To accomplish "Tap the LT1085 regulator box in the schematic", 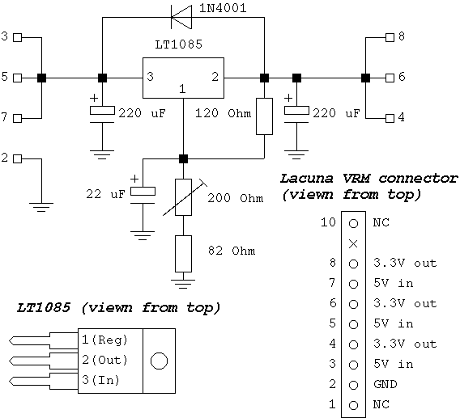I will [x=183, y=79].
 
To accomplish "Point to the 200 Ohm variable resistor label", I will [x=236, y=198].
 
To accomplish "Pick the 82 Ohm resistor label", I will [x=232, y=251].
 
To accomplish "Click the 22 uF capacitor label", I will [x=104, y=195].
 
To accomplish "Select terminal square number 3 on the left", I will [x=19, y=37].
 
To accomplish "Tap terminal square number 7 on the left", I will [x=19, y=118].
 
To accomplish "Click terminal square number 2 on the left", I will [x=19, y=158].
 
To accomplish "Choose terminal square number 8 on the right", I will [x=390, y=37].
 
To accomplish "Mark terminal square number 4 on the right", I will [x=390, y=118].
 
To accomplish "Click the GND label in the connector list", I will [x=385, y=384].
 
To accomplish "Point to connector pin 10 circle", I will [x=353, y=222].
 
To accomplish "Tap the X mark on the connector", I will [x=353, y=243].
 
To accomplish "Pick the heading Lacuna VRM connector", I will [x=368, y=179].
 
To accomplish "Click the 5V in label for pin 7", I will [x=394, y=283].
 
